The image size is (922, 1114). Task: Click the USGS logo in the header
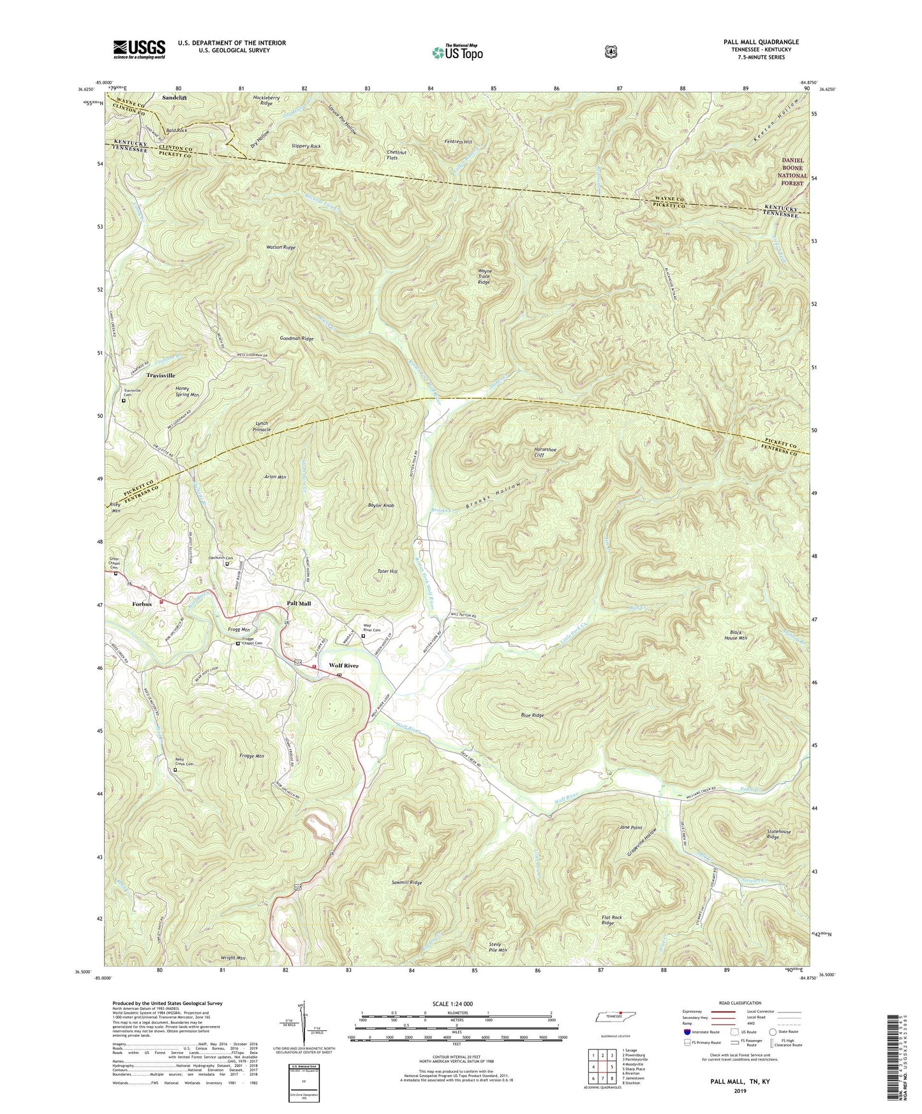pyautogui.click(x=139, y=49)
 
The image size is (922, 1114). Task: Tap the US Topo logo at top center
pyautogui.click(x=456, y=52)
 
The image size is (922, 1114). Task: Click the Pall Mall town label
pyautogui.click(x=299, y=604)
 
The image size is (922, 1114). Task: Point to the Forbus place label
pyautogui.click(x=142, y=604)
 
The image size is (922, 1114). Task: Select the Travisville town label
pyautogui.click(x=161, y=376)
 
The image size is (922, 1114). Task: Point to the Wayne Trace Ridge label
pyautogui.click(x=484, y=276)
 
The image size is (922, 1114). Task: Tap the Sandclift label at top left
pyautogui.click(x=175, y=98)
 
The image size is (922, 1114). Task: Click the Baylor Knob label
pyautogui.click(x=381, y=505)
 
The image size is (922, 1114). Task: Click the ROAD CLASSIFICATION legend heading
pyautogui.click(x=739, y=1004)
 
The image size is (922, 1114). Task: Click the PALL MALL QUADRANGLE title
pyautogui.click(x=761, y=42)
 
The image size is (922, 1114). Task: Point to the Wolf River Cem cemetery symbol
pyautogui.click(x=363, y=636)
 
